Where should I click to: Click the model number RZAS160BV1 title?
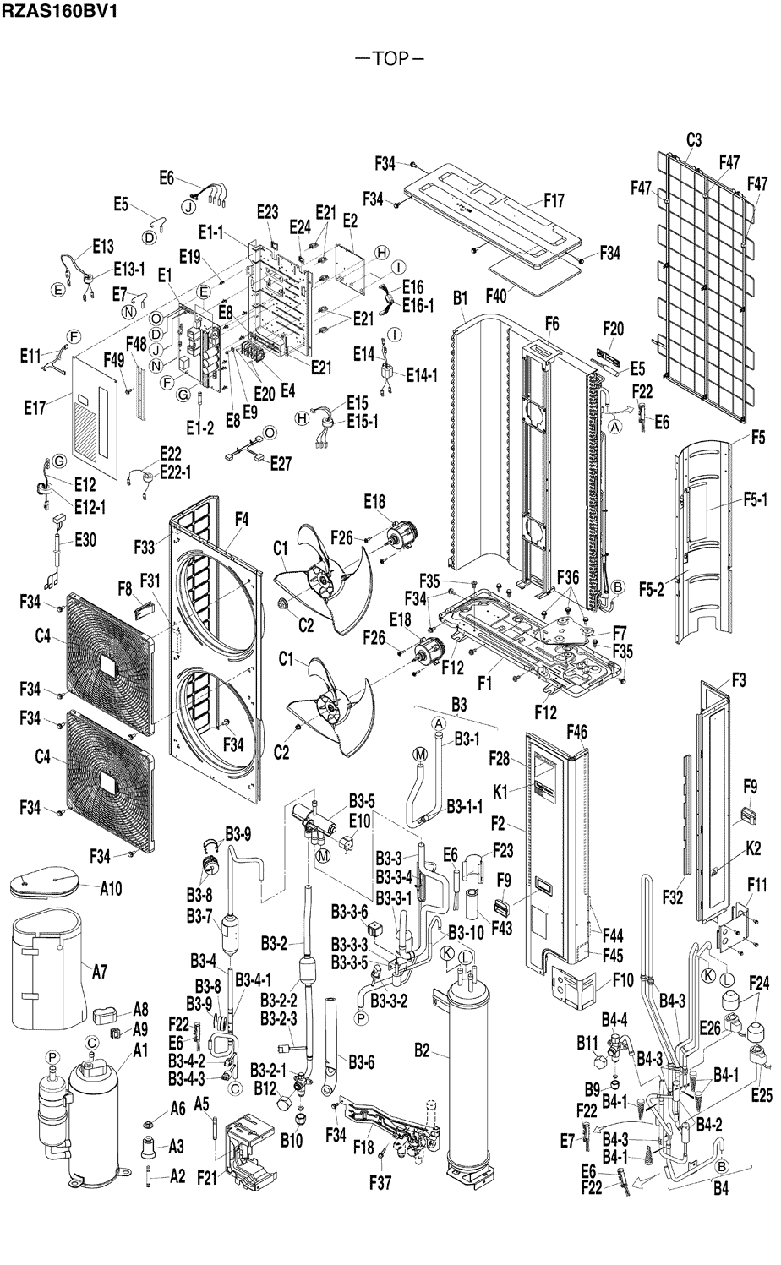click(58, 11)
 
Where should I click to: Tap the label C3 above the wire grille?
click(693, 139)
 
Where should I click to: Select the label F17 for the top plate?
click(554, 200)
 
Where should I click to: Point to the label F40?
click(496, 296)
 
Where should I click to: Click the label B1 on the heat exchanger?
click(461, 298)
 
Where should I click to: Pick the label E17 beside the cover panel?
click(35, 408)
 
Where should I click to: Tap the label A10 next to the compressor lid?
click(111, 889)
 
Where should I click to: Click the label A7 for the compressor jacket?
click(100, 972)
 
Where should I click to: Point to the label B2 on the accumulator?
click(422, 1050)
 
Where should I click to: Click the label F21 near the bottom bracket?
click(207, 1178)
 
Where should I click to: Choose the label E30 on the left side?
click(85, 541)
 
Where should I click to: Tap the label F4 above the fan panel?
click(241, 520)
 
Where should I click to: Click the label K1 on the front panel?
click(500, 793)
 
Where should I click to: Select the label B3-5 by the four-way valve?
click(362, 801)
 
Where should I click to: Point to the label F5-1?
click(756, 499)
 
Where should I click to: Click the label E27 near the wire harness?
click(280, 463)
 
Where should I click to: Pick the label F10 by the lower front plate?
click(623, 980)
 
